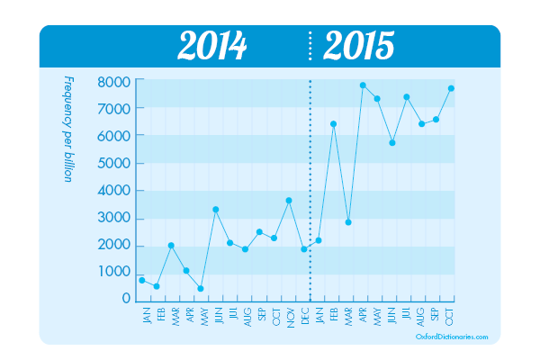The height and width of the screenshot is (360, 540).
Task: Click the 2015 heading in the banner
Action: [358, 46]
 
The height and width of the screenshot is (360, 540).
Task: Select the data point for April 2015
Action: [363, 85]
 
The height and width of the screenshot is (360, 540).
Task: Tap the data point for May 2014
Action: [201, 288]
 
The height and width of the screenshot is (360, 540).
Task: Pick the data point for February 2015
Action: [333, 124]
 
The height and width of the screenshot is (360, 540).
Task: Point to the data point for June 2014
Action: [215, 210]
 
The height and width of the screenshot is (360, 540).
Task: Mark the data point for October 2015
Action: [451, 88]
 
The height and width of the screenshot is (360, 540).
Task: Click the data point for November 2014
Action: [289, 200]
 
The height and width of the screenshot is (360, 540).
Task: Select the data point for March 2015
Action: [348, 222]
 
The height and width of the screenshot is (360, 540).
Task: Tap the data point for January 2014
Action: [142, 280]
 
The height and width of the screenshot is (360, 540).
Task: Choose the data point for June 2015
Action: [392, 142]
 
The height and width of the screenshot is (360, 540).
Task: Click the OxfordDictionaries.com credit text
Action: [452, 337]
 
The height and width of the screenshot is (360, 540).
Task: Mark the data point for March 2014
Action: [171, 246]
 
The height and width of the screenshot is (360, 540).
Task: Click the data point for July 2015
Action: [407, 97]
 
